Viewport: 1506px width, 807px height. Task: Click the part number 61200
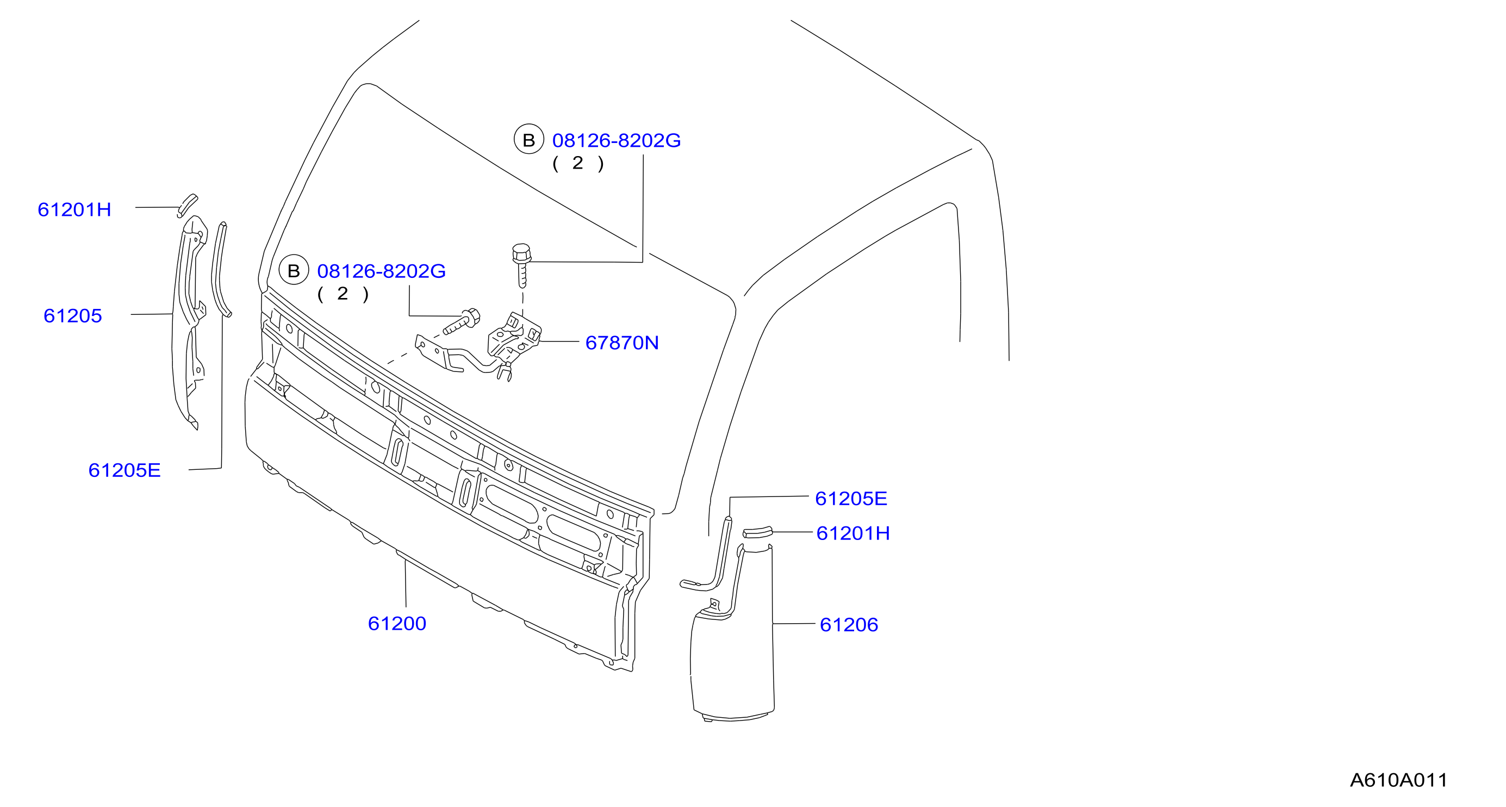pyautogui.click(x=397, y=623)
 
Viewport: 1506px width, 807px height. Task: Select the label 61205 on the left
pyautogui.click(x=73, y=316)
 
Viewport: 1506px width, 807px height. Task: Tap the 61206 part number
pyautogui.click(x=849, y=624)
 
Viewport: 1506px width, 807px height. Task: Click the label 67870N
pyautogui.click(x=622, y=343)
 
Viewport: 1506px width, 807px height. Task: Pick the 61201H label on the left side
pyautogui.click(x=74, y=209)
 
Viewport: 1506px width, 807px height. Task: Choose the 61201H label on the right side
pyautogui.click(x=853, y=533)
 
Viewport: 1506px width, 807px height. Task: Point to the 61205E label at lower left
pyautogui.click(x=125, y=470)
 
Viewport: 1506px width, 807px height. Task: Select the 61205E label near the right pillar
pyautogui.click(x=851, y=498)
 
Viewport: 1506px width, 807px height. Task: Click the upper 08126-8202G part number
pyautogui.click(x=617, y=140)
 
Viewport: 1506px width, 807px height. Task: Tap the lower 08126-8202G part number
pyautogui.click(x=381, y=271)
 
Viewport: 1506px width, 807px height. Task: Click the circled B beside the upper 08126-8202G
pyautogui.click(x=528, y=140)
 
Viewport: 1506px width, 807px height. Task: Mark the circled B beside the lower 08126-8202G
pyautogui.click(x=294, y=270)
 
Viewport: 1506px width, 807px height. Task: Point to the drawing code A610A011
pyautogui.click(x=1398, y=780)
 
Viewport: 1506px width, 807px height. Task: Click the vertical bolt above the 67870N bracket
pyautogui.click(x=521, y=265)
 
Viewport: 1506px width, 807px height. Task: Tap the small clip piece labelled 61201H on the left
pyautogui.click(x=187, y=205)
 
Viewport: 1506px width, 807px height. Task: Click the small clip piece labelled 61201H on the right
pyautogui.click(x=758, y=532)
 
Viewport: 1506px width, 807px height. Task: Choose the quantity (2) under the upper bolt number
pyautogui.click(x=577, y=163)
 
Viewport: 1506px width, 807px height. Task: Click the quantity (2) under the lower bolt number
pyautogui.click(x=343, y=294)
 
